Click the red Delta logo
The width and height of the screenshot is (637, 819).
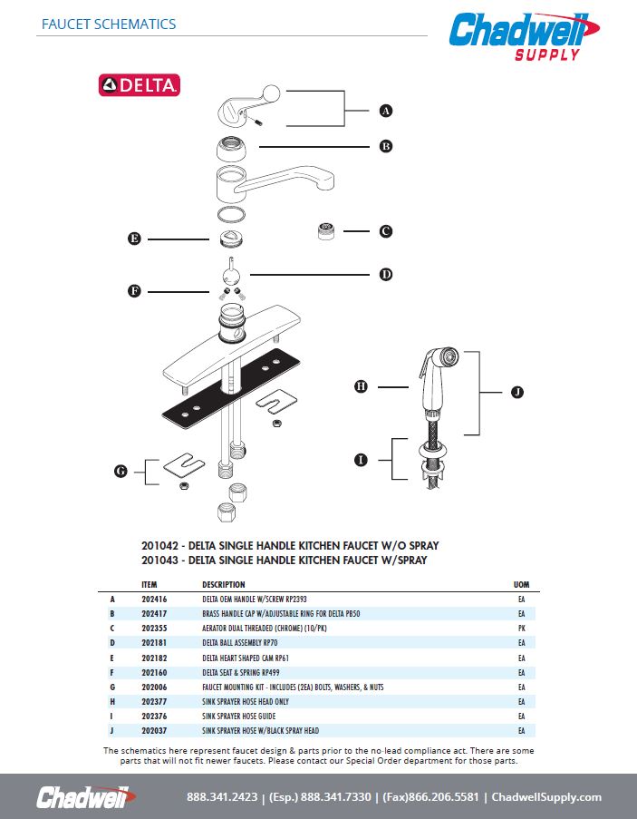coord(140,85)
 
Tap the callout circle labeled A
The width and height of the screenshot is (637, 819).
coord(385,111)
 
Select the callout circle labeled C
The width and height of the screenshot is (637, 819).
coord(385,231)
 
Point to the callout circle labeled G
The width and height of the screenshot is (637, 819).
coord(121,471)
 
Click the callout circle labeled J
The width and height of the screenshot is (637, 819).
coord(516,392)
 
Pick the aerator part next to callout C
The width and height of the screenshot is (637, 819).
coord(323,230)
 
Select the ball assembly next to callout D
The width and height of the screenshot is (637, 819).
coord(232,276)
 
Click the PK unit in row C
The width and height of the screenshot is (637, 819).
coord(521,629)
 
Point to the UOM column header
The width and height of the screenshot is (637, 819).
coord(521,584)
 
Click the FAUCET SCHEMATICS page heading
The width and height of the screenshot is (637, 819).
coord(109,24)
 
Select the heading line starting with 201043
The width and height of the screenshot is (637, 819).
coord(284,561)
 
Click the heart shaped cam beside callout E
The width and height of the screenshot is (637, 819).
coord(232,239)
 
